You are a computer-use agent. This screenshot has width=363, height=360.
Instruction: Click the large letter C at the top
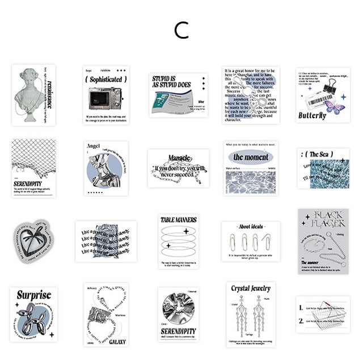tap(181, 30)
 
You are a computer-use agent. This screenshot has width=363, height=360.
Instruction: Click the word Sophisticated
tap(106, 79)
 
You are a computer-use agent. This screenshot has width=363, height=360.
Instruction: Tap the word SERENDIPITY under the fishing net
tap(28, 184)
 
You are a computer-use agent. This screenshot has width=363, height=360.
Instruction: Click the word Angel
tap(93, 146)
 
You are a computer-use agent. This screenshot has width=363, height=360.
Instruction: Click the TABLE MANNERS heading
tap(179, 219)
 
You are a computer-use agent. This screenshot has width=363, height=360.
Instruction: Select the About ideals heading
tap(250, 226)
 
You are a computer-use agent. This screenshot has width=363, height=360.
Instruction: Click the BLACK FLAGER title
tap(323, 219)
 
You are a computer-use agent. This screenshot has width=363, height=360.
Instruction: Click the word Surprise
tap(33, 295)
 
